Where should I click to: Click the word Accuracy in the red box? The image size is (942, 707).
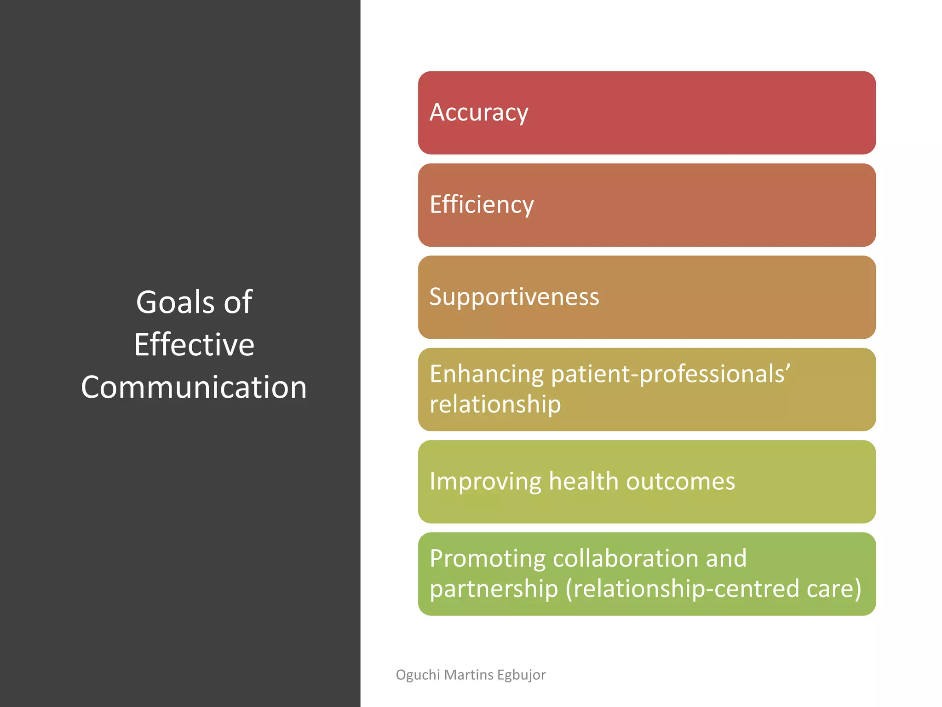(479, 113)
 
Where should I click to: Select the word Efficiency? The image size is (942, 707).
(482, 205)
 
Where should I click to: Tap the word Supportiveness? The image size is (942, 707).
(514, 297)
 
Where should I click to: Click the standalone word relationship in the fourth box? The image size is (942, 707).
(495, 405)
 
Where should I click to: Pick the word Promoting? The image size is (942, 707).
(488, 558)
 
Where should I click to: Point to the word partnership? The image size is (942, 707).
(494, 589)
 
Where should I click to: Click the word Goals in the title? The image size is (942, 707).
(175, 302)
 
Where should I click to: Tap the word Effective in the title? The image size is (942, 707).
(194, 345)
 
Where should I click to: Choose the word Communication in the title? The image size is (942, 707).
(194, 387)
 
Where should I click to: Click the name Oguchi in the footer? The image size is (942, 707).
(418, 675)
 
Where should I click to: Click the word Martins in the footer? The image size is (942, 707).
(469, 675)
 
